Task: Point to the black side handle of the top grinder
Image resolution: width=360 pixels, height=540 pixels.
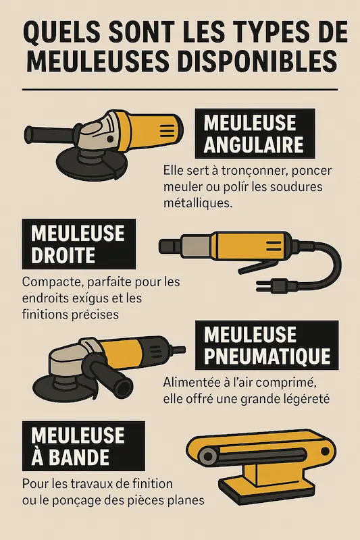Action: (x=47, y=128)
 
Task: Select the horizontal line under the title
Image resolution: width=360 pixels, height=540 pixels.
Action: (x=180, y=89)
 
